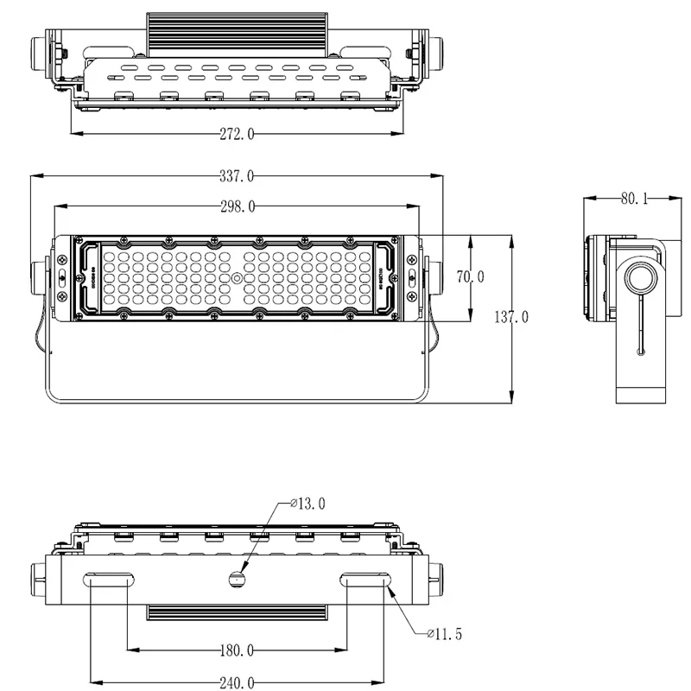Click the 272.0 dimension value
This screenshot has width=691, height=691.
237,134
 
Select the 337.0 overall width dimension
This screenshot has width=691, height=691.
237,176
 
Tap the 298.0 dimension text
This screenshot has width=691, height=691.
237,206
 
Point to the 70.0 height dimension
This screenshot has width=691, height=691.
471,277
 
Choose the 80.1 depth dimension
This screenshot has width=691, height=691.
633,199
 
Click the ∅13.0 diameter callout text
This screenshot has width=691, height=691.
307,504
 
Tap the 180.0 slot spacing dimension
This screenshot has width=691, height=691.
237,650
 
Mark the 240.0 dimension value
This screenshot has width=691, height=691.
237,682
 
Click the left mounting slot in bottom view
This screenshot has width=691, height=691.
108,580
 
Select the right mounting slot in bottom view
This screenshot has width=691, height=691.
366,580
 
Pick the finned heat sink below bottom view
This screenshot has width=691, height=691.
238,613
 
